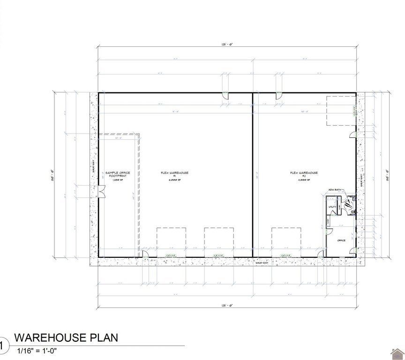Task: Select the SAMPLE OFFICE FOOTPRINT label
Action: click(x=118, y=175)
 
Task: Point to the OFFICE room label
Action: click(x=341, y=240)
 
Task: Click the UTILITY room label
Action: click(x=332, y=207)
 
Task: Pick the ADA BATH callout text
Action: click(x=336, y=190)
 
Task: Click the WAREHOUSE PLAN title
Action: click(x=66, y=337)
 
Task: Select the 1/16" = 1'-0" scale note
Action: click(x=37, y=350)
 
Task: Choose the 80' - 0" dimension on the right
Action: click(x=387, y=174)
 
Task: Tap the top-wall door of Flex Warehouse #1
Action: click(x=225, y=97)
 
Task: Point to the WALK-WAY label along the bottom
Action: click(x=262, y=262)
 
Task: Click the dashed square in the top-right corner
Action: click(x=341, y=111)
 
